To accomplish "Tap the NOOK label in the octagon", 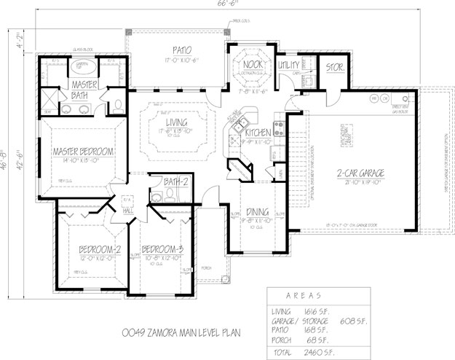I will pos(252,63).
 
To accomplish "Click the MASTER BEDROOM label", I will pos(82,151).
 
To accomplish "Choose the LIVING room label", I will pos(175,124).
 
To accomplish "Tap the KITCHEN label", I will pos(258,133).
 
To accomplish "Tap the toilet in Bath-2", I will pos(170,193).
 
